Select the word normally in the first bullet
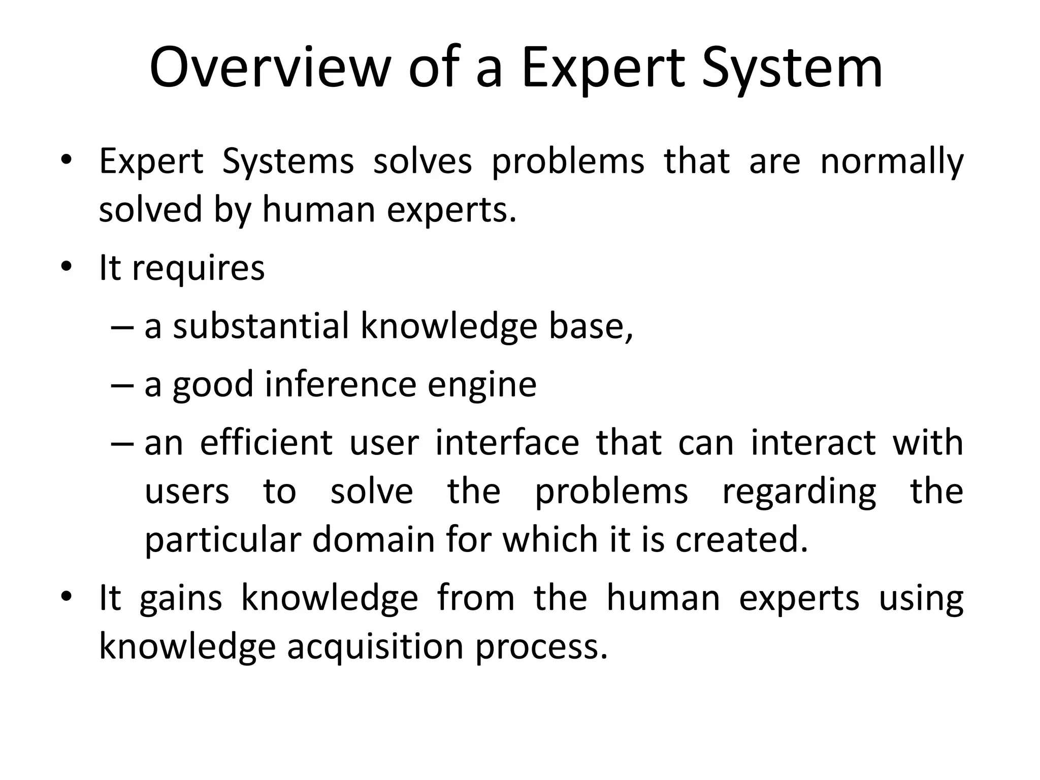(x=892, y=162)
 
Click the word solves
(x=422, y=161)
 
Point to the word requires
(x=198, y=269)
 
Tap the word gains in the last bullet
(x=181, y=600)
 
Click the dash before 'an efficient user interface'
(x=122, y=444)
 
